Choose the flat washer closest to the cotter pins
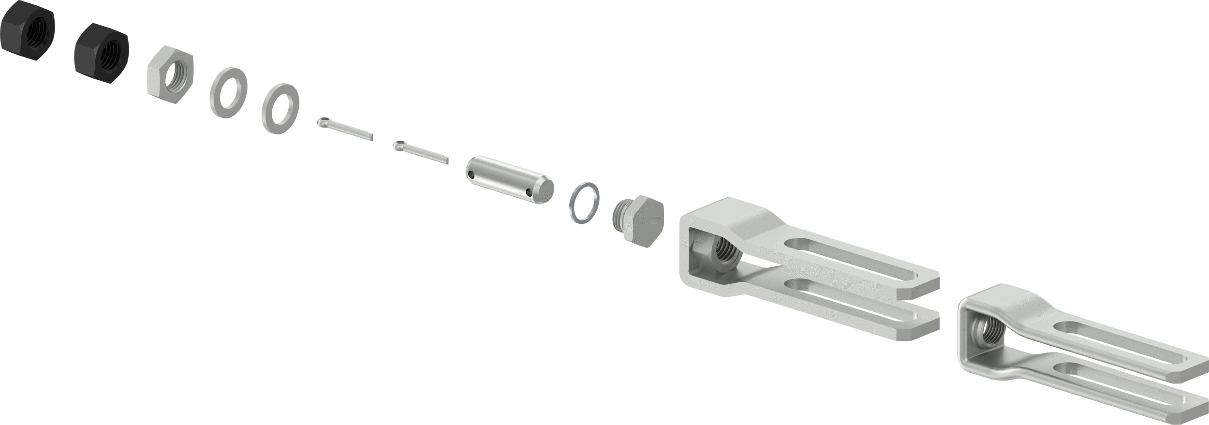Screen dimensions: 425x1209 pyautogui.click(x=280, y=109)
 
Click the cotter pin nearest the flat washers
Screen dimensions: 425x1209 pyautogui.click(x=344, y=130)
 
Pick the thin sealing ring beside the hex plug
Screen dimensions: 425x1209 pyautogui.click(x=584, y=203)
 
